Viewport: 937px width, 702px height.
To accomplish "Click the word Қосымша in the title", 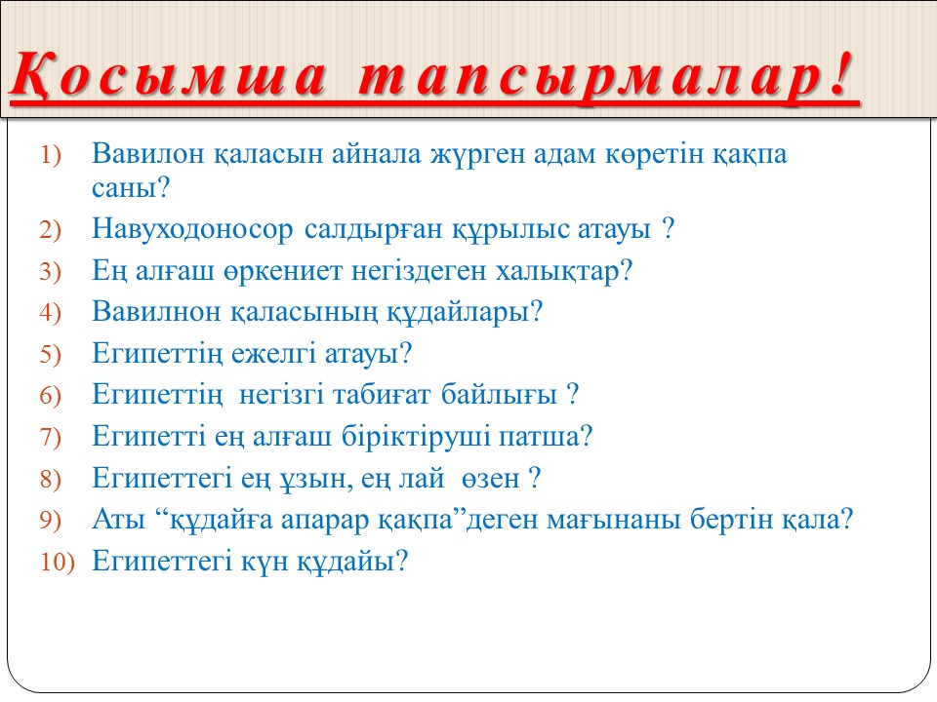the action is coord(169,76).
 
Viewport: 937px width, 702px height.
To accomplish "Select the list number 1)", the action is coord(50,155).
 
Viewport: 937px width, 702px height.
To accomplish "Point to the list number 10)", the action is coord(58,562).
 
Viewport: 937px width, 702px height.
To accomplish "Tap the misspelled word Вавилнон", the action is coord(156,312).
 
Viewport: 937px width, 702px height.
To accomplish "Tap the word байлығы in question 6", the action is coord(499,395).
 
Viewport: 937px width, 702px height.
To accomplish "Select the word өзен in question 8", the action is coord(491,479).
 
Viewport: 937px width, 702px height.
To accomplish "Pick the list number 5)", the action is coord(50,355).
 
